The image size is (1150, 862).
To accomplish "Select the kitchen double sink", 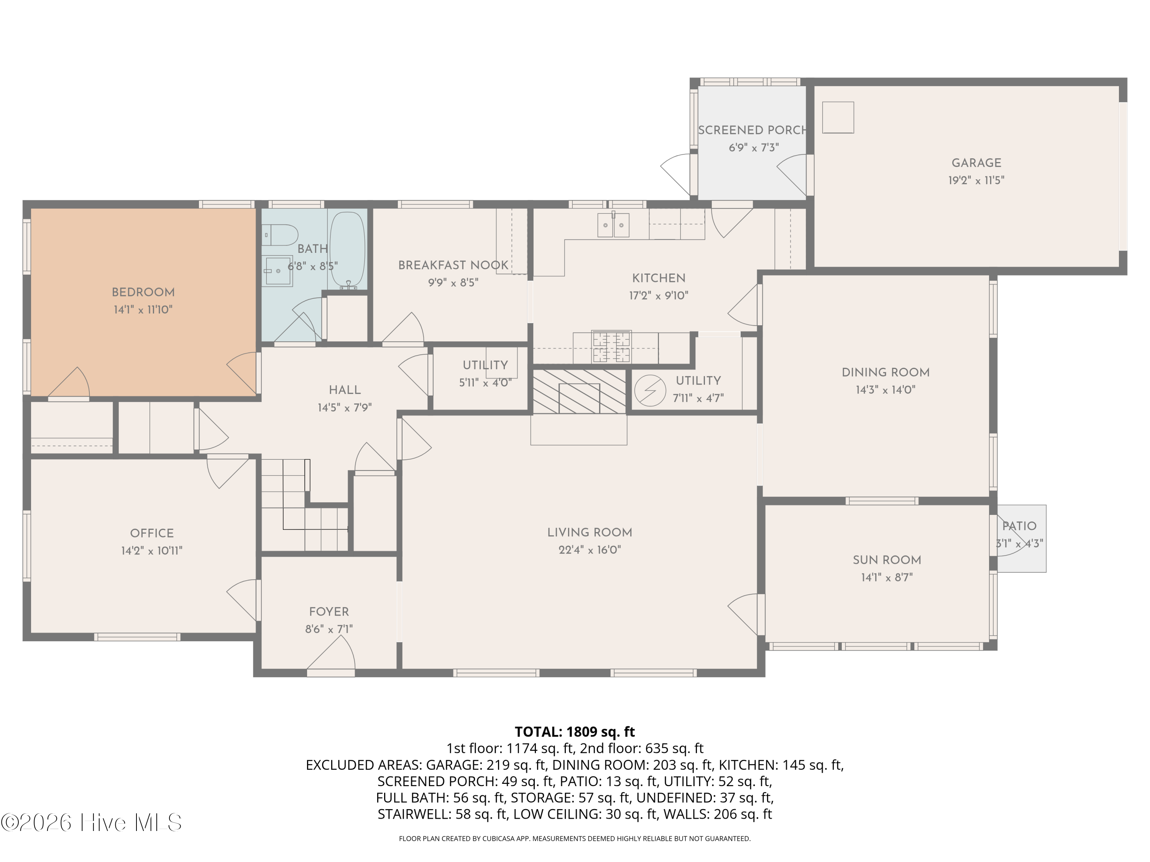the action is [x=613, y=225].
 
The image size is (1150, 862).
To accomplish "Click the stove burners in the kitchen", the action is [x=611, y=347].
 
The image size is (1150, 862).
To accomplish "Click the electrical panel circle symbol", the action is [x=650, y=390].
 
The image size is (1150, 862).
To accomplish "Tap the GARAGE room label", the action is [x=976, y=163].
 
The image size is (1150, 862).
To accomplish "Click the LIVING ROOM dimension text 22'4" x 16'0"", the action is [x=590, y=550].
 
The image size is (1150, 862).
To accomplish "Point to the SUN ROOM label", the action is [x=887, y=560].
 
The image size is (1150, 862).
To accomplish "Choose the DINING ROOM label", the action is [x=886, y=372].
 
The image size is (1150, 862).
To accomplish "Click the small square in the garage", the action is [x=838, y=118].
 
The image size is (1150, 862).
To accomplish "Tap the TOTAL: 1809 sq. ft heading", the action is [x=575, y=732].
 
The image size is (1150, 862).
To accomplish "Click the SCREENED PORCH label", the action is [x=752, y=130].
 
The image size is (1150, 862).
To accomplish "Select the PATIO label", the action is [x=1020, y=526].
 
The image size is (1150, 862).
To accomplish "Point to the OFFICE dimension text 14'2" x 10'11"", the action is [x=152, y=551].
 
